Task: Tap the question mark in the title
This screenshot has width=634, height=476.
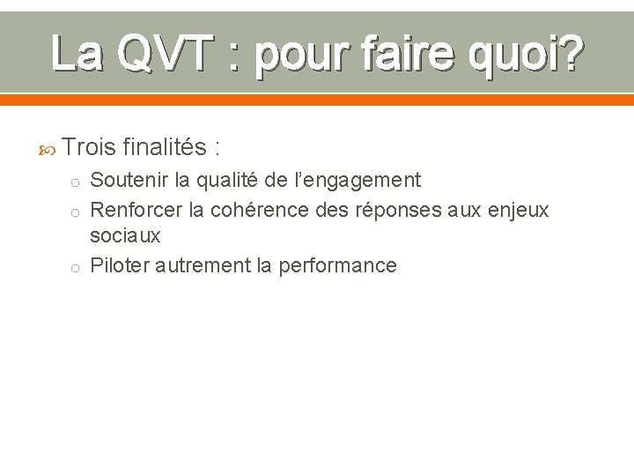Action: tap(570, 54)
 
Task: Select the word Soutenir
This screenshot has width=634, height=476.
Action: tap(129, 181)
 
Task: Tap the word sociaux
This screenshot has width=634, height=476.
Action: tap(126, 235)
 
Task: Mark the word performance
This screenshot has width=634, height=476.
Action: tap(337, 266)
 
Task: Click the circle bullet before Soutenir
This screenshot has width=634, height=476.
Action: tap(77, 182)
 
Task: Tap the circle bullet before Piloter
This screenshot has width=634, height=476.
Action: tap(77, 267)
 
